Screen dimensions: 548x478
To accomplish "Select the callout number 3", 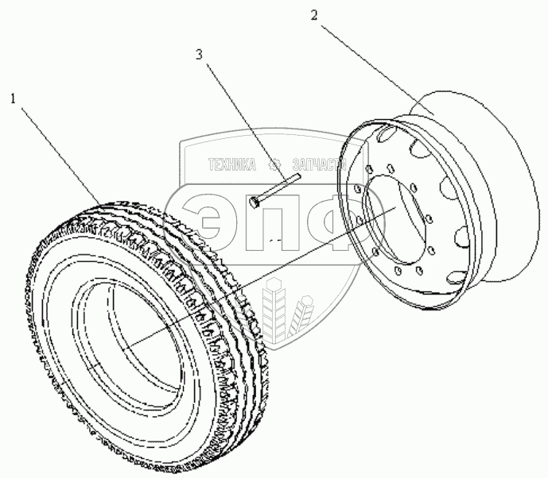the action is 200,55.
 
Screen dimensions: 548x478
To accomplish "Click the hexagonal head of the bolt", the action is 254,202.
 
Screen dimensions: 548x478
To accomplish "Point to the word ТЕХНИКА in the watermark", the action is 231,165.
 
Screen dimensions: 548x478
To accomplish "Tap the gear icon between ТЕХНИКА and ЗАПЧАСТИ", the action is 276,165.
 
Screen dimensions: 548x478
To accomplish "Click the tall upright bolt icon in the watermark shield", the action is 276,314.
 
